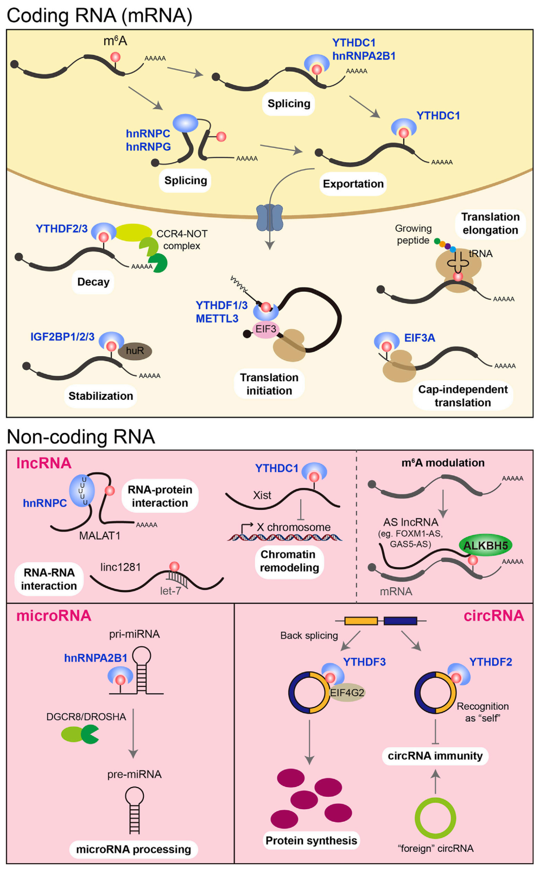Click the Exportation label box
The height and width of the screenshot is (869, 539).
tap(353, 184)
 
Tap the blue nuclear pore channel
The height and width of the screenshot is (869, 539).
tap(269, 218)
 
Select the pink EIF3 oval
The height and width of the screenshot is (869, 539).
tap(266, 329)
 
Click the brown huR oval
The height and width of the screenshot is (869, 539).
tap(135, 351)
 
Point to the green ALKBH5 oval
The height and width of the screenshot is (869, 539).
tap(485, 545)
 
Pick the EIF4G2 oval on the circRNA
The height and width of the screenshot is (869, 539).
tap(347, 692)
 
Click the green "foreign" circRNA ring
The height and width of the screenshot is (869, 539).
tap(435, 818)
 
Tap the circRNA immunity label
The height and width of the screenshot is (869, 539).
tap(435, 756)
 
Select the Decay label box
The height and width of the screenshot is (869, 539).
tap(93, 282)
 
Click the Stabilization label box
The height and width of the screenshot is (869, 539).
tap(101, 396)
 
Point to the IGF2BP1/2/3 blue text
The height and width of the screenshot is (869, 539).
tap(62, 337)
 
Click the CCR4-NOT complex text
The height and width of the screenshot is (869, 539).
tap(182, 240)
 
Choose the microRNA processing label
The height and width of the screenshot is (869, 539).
tap(134, 849)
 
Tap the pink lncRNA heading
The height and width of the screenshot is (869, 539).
tap(44, 463)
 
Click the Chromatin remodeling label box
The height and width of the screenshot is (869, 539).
tap(289, 561)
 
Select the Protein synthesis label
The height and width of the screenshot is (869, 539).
tap(311, 841)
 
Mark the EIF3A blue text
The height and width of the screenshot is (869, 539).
tap(420, 338)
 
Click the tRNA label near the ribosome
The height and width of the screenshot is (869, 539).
tap(481, 254)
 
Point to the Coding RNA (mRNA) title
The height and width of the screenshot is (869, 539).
tap(99, 16)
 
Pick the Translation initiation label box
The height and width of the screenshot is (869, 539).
tap(269, 384)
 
